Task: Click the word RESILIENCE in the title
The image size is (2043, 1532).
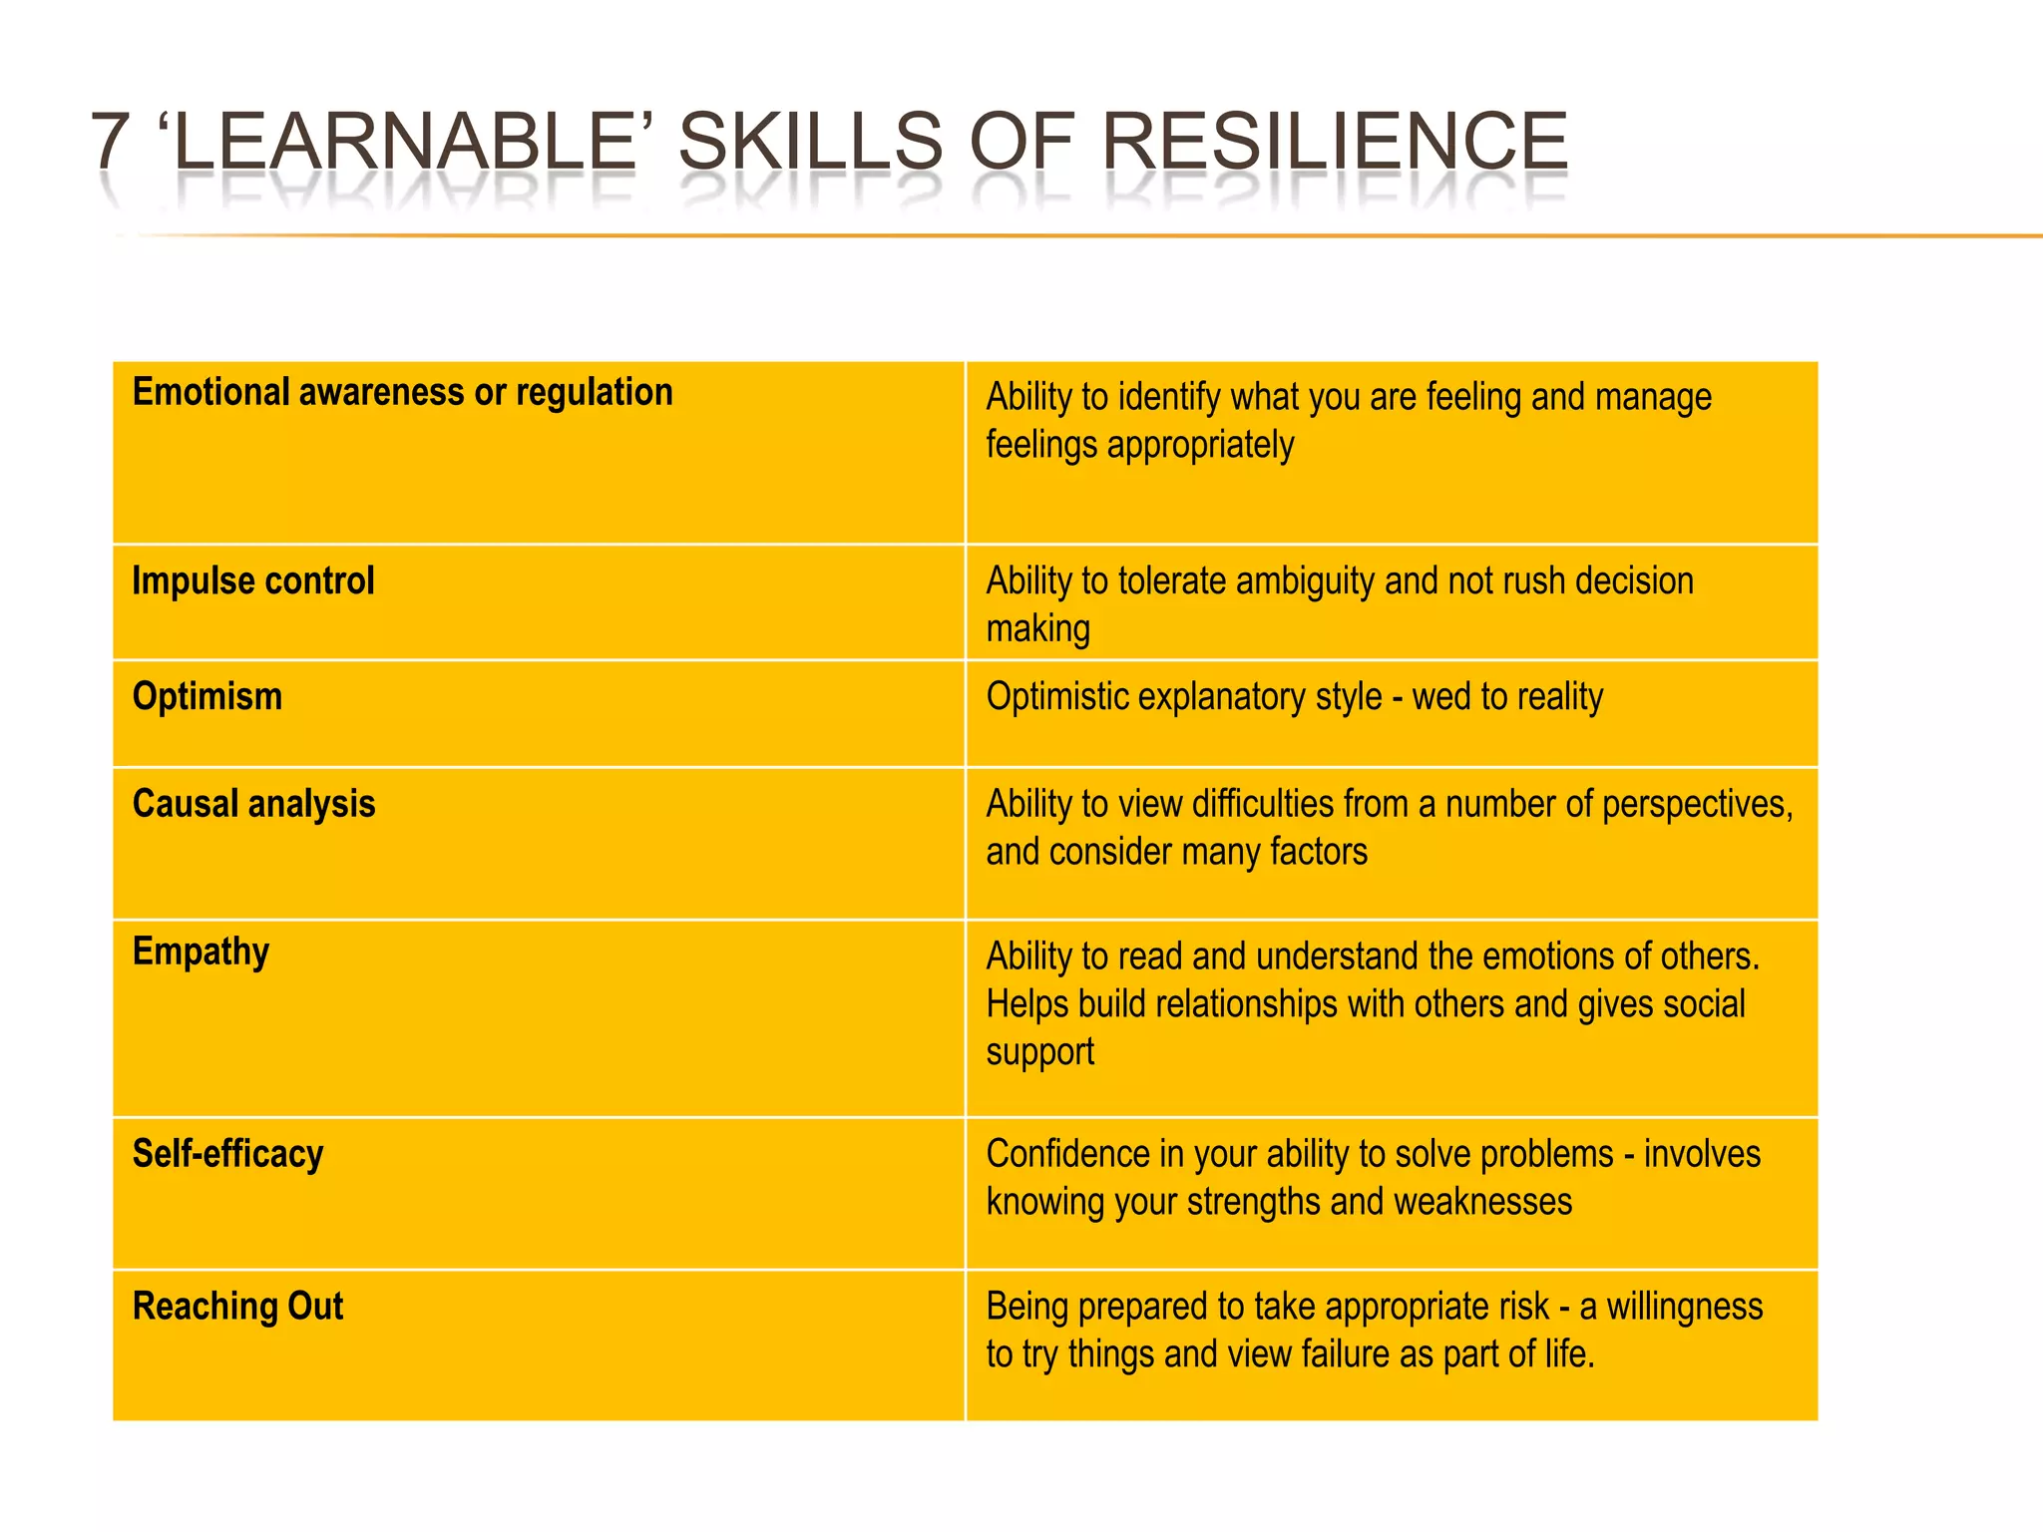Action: [1334, 141]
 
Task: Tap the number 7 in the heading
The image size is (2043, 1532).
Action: [110, 141]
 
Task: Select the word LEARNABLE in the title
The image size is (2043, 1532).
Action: [405, 141]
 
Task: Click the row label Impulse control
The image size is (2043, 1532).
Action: [252, 580]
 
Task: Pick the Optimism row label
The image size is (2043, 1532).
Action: [207, 696]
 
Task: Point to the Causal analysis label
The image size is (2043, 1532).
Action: [253, 804]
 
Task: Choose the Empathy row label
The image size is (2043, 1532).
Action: [201, 953]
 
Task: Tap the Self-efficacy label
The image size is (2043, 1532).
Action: [227, 1154]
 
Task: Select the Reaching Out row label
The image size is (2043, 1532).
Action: [237, 1307]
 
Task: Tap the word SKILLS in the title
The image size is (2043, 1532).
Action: [810, 141]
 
